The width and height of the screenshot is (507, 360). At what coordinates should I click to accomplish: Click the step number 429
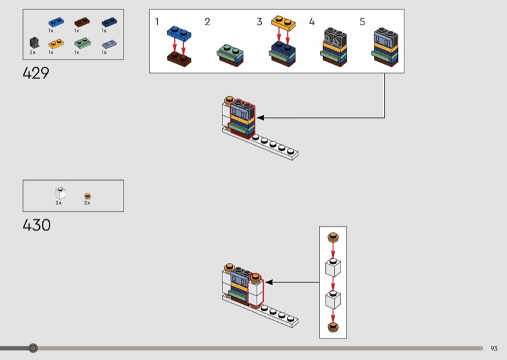coord(35,73)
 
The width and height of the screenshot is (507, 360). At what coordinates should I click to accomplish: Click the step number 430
coord(36,224)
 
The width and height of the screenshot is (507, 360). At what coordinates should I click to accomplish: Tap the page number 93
coord(494,348)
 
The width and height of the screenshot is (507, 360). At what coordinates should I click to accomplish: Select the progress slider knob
coord(33,348)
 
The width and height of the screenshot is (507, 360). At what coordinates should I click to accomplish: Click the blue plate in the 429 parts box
coord(55,22)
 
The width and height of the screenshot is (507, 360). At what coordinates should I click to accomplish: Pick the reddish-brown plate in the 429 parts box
coord(81,22)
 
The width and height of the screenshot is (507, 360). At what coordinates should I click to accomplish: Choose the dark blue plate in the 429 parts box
coord(108,22)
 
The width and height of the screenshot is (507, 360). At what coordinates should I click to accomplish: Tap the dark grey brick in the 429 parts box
coord(34,42)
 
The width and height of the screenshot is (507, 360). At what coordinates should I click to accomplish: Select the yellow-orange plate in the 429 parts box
coord(55,44)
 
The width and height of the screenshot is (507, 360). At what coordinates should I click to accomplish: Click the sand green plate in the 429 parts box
coord(81,44)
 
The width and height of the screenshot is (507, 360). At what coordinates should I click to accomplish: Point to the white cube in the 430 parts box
coord(60,193)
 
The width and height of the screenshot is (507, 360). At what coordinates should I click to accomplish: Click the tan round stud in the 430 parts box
coord(87,196)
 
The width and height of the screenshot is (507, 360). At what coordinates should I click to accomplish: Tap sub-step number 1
coord(157,22)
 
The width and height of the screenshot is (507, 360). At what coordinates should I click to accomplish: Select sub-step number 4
coord(312,22)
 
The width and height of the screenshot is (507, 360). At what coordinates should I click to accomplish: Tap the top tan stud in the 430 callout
coord(333,238)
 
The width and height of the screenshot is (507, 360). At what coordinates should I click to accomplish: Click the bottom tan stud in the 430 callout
coord(333,327)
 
